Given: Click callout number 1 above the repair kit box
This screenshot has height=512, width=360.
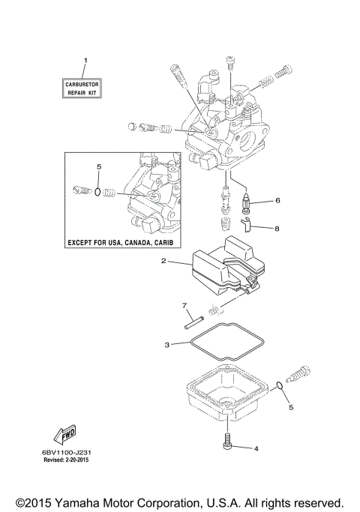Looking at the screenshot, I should [x=85, y=59].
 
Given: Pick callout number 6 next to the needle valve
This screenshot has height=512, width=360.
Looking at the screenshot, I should [x=277, y=201].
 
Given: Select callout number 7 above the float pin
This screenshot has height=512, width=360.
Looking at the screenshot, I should [x=184, y=305].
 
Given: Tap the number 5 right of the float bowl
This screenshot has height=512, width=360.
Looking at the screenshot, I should [x=292, y=409].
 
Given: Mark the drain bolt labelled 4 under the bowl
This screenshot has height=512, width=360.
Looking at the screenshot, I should [x=227, y=442].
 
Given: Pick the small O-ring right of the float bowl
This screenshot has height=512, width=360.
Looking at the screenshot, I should [x=279, y=387].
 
